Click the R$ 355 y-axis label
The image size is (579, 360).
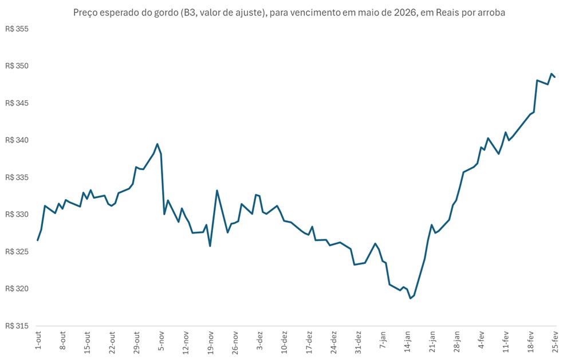pos(17,29)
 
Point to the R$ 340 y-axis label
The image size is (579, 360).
pos(17,140)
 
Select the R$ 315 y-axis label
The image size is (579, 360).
pos(17,326)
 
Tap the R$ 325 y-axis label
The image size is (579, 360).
pos(17,252)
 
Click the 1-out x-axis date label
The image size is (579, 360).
pos(38,340)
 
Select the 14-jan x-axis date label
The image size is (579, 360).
pos(408,341)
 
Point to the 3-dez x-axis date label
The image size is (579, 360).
pos(260,340)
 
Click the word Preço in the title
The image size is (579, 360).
pos(86,12)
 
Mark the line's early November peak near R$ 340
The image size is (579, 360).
pos(157,144)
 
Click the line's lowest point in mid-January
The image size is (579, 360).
pos(411,298)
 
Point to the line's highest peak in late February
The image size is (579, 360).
pos(551,74)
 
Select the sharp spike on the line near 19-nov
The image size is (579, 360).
pos(217,191)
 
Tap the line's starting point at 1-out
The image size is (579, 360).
pos(38,240)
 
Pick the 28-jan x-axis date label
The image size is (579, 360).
pos(457,341)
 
